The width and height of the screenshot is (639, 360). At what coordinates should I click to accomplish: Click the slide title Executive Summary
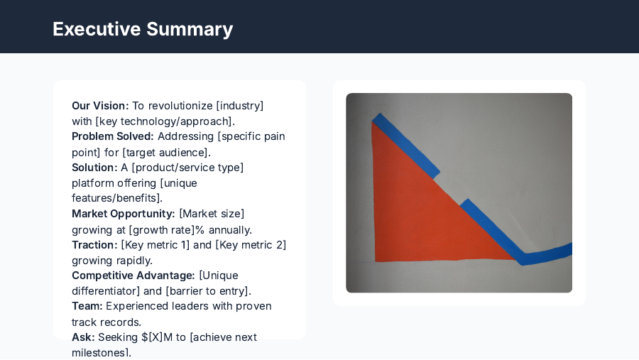pos(143,29)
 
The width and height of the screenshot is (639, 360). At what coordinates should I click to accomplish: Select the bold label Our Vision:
pos(100,106)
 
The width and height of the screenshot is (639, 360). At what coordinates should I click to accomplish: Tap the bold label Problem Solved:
pos(112,136)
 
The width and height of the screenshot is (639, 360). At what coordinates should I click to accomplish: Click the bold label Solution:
pos(94,168)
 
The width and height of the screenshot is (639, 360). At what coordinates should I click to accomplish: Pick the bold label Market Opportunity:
pos(123,214)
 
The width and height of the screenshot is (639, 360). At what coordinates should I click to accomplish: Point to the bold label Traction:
pos(94,245)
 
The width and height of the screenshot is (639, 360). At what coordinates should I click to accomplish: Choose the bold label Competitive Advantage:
pos(133,276)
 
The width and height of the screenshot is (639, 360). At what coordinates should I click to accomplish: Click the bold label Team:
pos(87,306)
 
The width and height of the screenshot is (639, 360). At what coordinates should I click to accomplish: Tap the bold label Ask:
pos(83,337)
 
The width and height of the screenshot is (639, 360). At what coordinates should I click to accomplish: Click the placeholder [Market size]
pos(212,214)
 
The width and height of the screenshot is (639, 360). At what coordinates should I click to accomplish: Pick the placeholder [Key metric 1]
pos(155,245)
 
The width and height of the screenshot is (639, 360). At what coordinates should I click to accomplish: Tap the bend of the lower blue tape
pos(524,258)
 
